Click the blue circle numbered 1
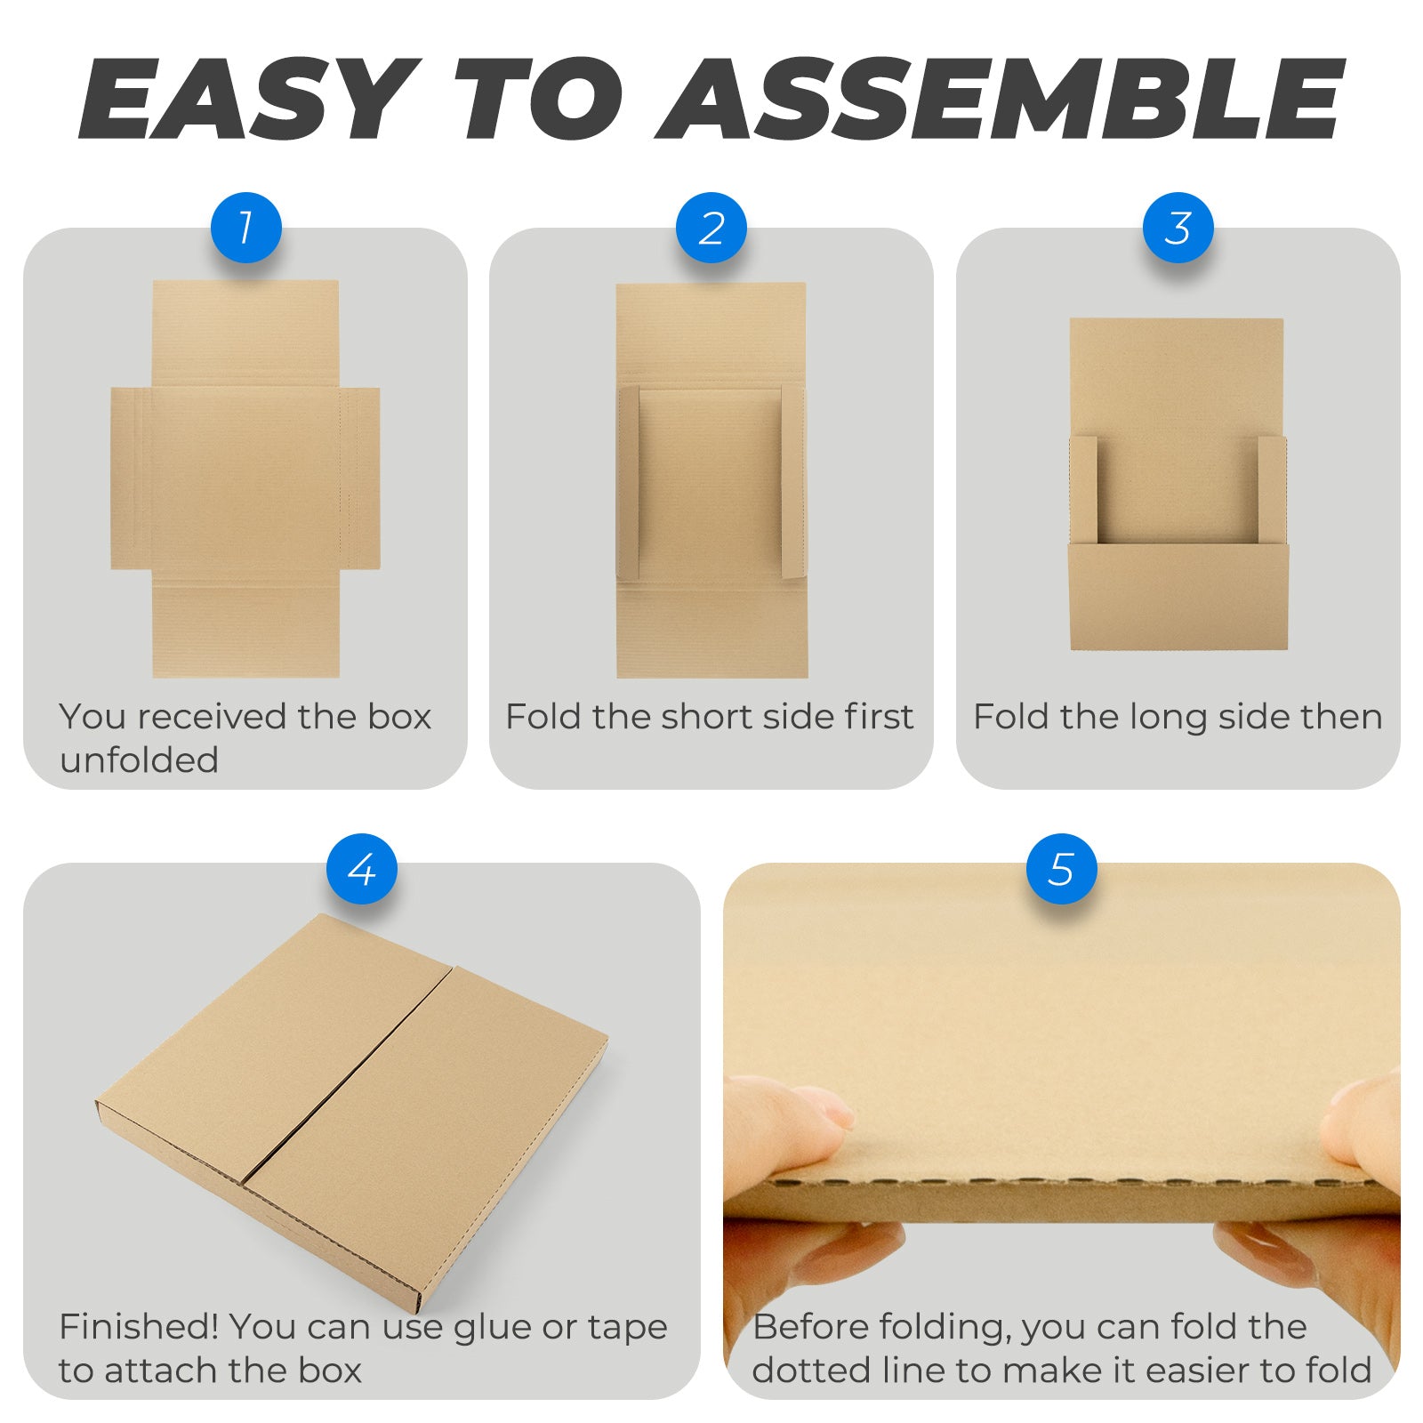(x=245, y=228)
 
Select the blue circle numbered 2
(x=711, y=228)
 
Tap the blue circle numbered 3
(x=1178, y=228)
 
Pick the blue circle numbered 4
(x=361, y=869)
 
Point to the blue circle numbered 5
(x=1061, y=869)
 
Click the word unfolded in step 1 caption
(x=139, y=760)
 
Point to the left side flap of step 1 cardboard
(x=132, y=478)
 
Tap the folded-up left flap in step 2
(x=629, y=484)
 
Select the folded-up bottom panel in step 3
(x=1178, y=597)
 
